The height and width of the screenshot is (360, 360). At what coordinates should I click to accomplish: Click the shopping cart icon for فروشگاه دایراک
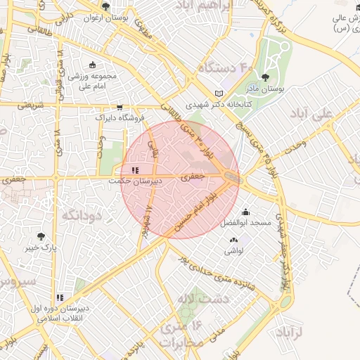click(x=120, y=108)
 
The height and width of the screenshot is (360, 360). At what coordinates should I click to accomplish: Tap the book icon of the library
click(x=218, y=94)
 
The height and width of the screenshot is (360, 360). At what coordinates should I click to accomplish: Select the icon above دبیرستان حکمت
click(x=135, y=170)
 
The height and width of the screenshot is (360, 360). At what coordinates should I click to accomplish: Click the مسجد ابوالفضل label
click(x=245, y=223)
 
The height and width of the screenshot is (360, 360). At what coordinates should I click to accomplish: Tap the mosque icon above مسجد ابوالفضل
click(x=245, y=212)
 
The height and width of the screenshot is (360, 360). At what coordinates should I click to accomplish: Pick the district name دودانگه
click(x=82, y=215)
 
